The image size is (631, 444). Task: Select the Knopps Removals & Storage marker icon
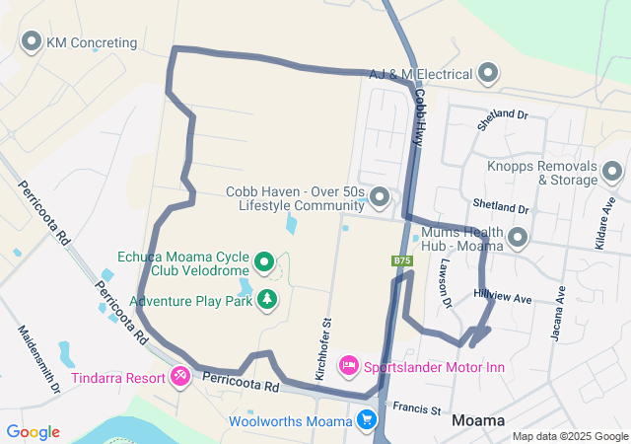[x=612, y=173]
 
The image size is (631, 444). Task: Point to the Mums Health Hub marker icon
[x=517, y=237]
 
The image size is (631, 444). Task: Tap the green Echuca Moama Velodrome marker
[x=264, y=261]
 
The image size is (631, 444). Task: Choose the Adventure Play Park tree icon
[x=267, y=298]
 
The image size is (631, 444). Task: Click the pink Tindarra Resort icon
[x=179, y=375]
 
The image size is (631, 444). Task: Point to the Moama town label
[x=478, y=420]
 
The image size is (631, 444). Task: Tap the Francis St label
[x=415, y=407]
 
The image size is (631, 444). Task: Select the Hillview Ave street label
[x=502, y=297]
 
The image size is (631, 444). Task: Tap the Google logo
[x=34, y=432]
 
